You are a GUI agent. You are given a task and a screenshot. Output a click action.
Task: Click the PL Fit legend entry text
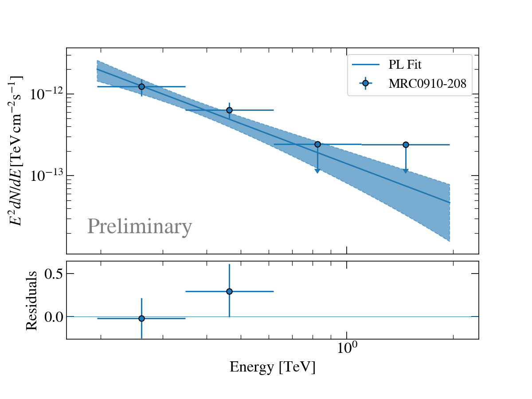click(405, 65)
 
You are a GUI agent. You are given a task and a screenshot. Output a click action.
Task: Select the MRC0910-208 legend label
click(427, 84)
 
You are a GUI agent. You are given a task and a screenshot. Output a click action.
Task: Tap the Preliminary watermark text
click(140, 227)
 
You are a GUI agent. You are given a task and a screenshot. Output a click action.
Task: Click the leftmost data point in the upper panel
click(141, 86)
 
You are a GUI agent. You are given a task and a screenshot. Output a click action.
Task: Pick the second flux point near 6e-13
click(229, 110)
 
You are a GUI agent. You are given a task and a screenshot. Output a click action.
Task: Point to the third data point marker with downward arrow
click(317, 144)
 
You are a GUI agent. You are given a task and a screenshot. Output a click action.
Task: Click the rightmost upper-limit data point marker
click(406, 145)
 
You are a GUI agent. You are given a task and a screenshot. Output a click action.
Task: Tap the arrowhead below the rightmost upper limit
click(406, 171)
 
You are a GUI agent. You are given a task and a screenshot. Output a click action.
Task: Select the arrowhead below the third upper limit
click(317, 171)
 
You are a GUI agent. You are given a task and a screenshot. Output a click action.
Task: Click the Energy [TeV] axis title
click(272, 368)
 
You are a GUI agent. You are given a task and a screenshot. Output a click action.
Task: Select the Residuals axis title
click(31, 300)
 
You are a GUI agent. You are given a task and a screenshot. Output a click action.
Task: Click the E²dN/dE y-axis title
click(17, 151)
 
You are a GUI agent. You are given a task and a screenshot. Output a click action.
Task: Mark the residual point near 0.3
click(229, 291)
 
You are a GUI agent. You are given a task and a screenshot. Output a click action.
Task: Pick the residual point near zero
click(141, 318)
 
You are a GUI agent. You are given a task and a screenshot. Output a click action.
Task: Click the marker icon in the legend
click(365, 83)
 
